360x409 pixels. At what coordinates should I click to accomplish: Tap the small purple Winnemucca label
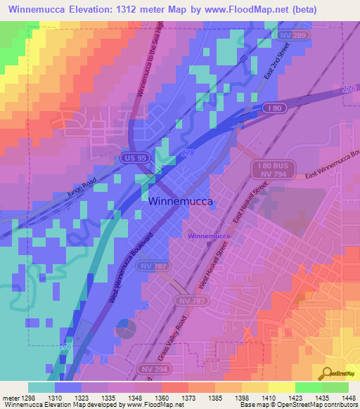208,236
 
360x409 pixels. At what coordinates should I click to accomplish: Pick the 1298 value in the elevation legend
27,396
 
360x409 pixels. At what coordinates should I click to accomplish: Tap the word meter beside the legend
9,396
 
